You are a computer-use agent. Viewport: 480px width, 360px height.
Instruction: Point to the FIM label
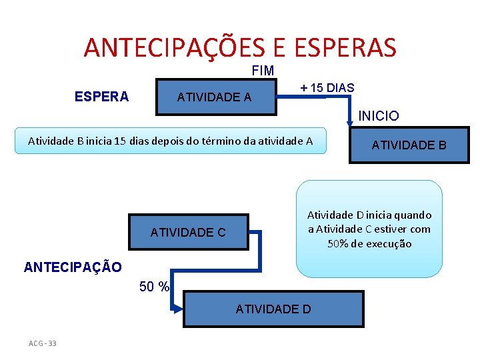point(263,71)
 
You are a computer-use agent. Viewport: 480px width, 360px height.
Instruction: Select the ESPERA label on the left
point(101,97)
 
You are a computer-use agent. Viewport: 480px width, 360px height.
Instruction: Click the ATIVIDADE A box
point(215,98)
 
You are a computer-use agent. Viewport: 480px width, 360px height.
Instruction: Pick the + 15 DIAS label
point(327,88)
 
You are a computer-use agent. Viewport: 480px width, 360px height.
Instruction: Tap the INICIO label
point(379,116)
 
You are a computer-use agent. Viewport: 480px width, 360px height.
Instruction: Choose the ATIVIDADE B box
point(409,145)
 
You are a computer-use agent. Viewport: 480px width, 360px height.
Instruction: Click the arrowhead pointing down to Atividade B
point(350,123)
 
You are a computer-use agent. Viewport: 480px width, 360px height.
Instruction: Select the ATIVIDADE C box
point(189,233)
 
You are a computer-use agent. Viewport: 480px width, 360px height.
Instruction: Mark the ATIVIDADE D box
point(273,309)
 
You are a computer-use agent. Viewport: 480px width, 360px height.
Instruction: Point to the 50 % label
point(154,287)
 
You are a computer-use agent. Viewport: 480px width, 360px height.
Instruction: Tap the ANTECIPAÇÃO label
point(73,267)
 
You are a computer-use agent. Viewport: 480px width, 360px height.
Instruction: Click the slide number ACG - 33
point(43,343)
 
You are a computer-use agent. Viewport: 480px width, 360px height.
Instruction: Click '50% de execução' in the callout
point(369,244)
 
